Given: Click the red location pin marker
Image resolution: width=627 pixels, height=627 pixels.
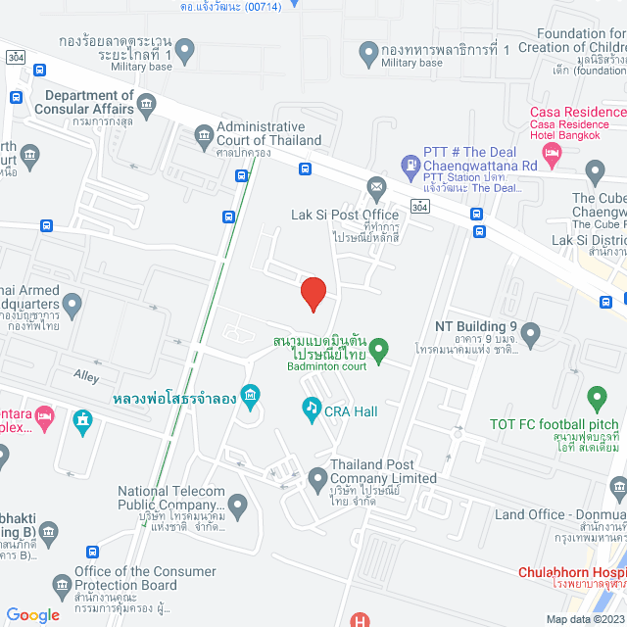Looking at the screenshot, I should click(313, 293).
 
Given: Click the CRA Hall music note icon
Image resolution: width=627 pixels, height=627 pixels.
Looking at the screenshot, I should click(311, 407).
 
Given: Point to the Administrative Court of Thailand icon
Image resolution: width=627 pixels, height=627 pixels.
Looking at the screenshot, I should click(204, 134).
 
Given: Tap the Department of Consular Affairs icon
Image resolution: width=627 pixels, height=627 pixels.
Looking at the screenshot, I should click(147, 103).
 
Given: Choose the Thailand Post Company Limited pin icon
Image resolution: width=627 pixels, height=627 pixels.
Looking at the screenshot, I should click(316, 479).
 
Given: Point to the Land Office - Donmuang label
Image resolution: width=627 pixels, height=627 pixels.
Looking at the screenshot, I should click(560, 514).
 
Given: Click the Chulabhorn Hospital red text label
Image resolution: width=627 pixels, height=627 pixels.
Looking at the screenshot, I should click(572, 572).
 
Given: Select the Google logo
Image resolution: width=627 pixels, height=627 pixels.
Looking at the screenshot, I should click(32, 614).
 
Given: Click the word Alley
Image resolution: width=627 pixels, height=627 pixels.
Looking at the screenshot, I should click(87, 374).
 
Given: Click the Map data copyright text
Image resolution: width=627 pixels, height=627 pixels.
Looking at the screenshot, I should click(584, 618).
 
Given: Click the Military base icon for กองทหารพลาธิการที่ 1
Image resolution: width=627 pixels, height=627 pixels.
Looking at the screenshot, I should click(368, 50).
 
